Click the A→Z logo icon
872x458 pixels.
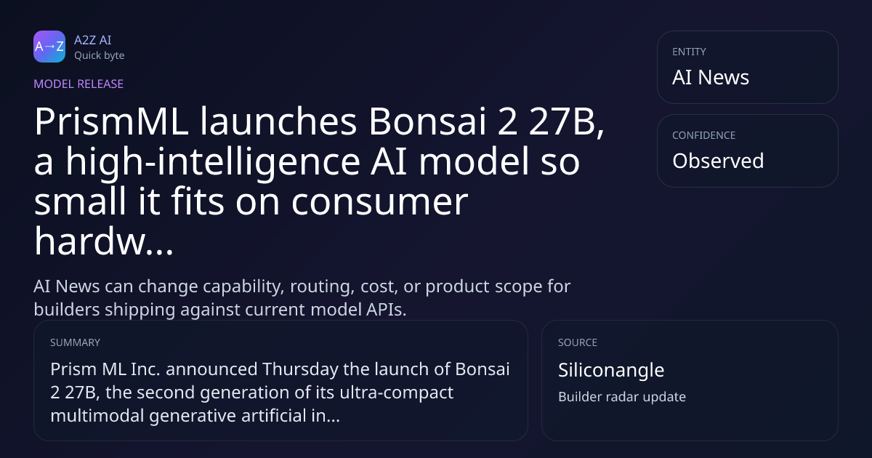(x=49, y=47)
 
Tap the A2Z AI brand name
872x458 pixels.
(x=93, y=40)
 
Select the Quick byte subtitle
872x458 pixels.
(x=100, y=56)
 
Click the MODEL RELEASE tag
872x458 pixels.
(x=78, y=84)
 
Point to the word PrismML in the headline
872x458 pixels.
(x=111, y=121)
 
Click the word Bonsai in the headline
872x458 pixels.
(x=427, y=121)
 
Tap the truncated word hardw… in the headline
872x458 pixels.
(x=103, y=241)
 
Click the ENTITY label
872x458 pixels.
(x=689, y=52)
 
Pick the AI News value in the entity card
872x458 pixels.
(x=711, y=77)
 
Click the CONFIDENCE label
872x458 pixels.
(x=704, y=135)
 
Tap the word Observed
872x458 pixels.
(x=718, y=161)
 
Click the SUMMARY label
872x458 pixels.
(x=75, y=342)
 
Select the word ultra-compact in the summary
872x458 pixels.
(x=396, y=393)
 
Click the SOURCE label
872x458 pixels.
(x=578, y=342)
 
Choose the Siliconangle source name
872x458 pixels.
(x=611, y=370)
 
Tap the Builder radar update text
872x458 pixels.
(x=622, y=397)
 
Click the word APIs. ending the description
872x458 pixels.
(x=386, y=310)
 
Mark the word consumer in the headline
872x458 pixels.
(x=379, y=203)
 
